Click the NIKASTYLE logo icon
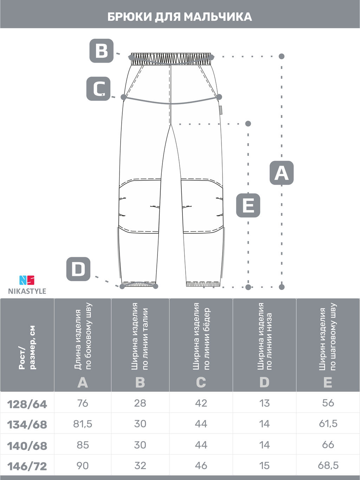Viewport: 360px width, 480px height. coord(27,280)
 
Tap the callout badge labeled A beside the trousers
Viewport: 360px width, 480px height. coord(282,173)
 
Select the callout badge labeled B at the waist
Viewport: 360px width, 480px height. coord(102,51)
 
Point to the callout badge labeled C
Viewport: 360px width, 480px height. coord(98,89)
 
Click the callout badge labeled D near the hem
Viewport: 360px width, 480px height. coord(78,269)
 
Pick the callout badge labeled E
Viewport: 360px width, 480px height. coord(248,206)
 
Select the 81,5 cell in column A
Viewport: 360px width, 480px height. coord(83,424)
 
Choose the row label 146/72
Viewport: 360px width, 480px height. coord(27,466)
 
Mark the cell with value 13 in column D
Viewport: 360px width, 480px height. coord(264,403)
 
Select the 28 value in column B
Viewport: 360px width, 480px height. coord(140,403)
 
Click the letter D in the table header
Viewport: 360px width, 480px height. coord(264,383)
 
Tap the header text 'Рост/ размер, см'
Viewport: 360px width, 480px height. coord(27,348)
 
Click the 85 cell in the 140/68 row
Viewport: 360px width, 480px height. coord(83,445)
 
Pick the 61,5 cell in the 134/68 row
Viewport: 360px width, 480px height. coord(328,424)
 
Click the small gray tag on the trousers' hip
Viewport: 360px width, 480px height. coord(221,110)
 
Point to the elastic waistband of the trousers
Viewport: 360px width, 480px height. coord(171,59)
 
